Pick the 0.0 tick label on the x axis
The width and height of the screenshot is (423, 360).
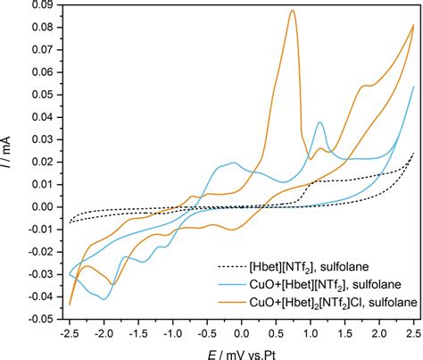click(242, 331)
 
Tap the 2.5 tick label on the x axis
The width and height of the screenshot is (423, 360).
click(413, 331)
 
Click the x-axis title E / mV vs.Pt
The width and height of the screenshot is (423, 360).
click(242, 349)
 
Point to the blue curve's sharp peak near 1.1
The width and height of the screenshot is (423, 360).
click(319, 121)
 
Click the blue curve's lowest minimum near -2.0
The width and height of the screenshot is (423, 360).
click(104, 297)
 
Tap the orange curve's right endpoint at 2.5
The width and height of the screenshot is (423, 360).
click(413, 26)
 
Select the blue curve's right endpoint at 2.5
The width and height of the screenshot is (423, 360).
click(413, 88)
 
